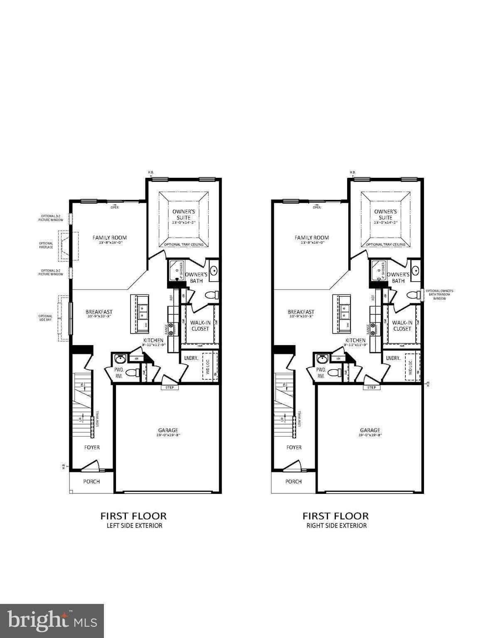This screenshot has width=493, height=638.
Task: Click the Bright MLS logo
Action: click(52, 621)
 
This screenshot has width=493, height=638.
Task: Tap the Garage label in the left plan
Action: click(168, 430)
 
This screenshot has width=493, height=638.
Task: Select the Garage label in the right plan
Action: click(370, 430)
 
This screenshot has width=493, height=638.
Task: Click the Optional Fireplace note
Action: click(46, 245)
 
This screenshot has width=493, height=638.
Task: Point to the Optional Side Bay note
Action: click(46, 318)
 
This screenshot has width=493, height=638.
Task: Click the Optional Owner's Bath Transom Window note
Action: click(439, 294)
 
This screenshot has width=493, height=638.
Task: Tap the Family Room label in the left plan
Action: click(110, 238)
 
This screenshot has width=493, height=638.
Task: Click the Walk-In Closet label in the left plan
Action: click(200, 325)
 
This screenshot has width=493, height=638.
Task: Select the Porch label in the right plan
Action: click(293, 481)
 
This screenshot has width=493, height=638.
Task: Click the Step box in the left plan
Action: click(170, 388)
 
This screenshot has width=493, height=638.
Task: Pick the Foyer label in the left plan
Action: click(92, 447)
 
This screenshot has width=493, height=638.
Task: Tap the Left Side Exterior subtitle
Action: click(133, 525)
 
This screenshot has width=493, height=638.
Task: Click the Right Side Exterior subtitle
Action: click(336, 525)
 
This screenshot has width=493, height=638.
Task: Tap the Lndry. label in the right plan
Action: click(393, 358)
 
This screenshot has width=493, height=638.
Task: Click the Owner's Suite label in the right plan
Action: click(385, 214)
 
